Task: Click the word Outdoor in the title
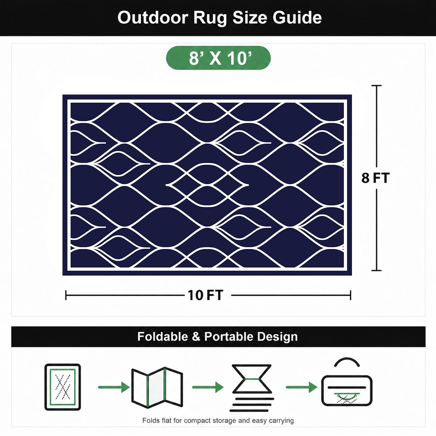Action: coord(153,18)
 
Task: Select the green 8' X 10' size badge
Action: coord(218,58)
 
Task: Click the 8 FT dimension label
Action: coord(375,178)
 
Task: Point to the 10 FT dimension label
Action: coord(206,295)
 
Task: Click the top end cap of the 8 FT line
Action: coord(376,85)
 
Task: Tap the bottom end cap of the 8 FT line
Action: coord(376,271)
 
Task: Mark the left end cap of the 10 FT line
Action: coord(66,295)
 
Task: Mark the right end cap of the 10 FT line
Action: coord(351,295)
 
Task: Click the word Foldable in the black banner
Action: coord(163,337)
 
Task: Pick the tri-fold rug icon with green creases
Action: coord(157,388)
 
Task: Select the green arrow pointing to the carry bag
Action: coord(301,387)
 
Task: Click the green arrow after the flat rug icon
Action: coord(114,387)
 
